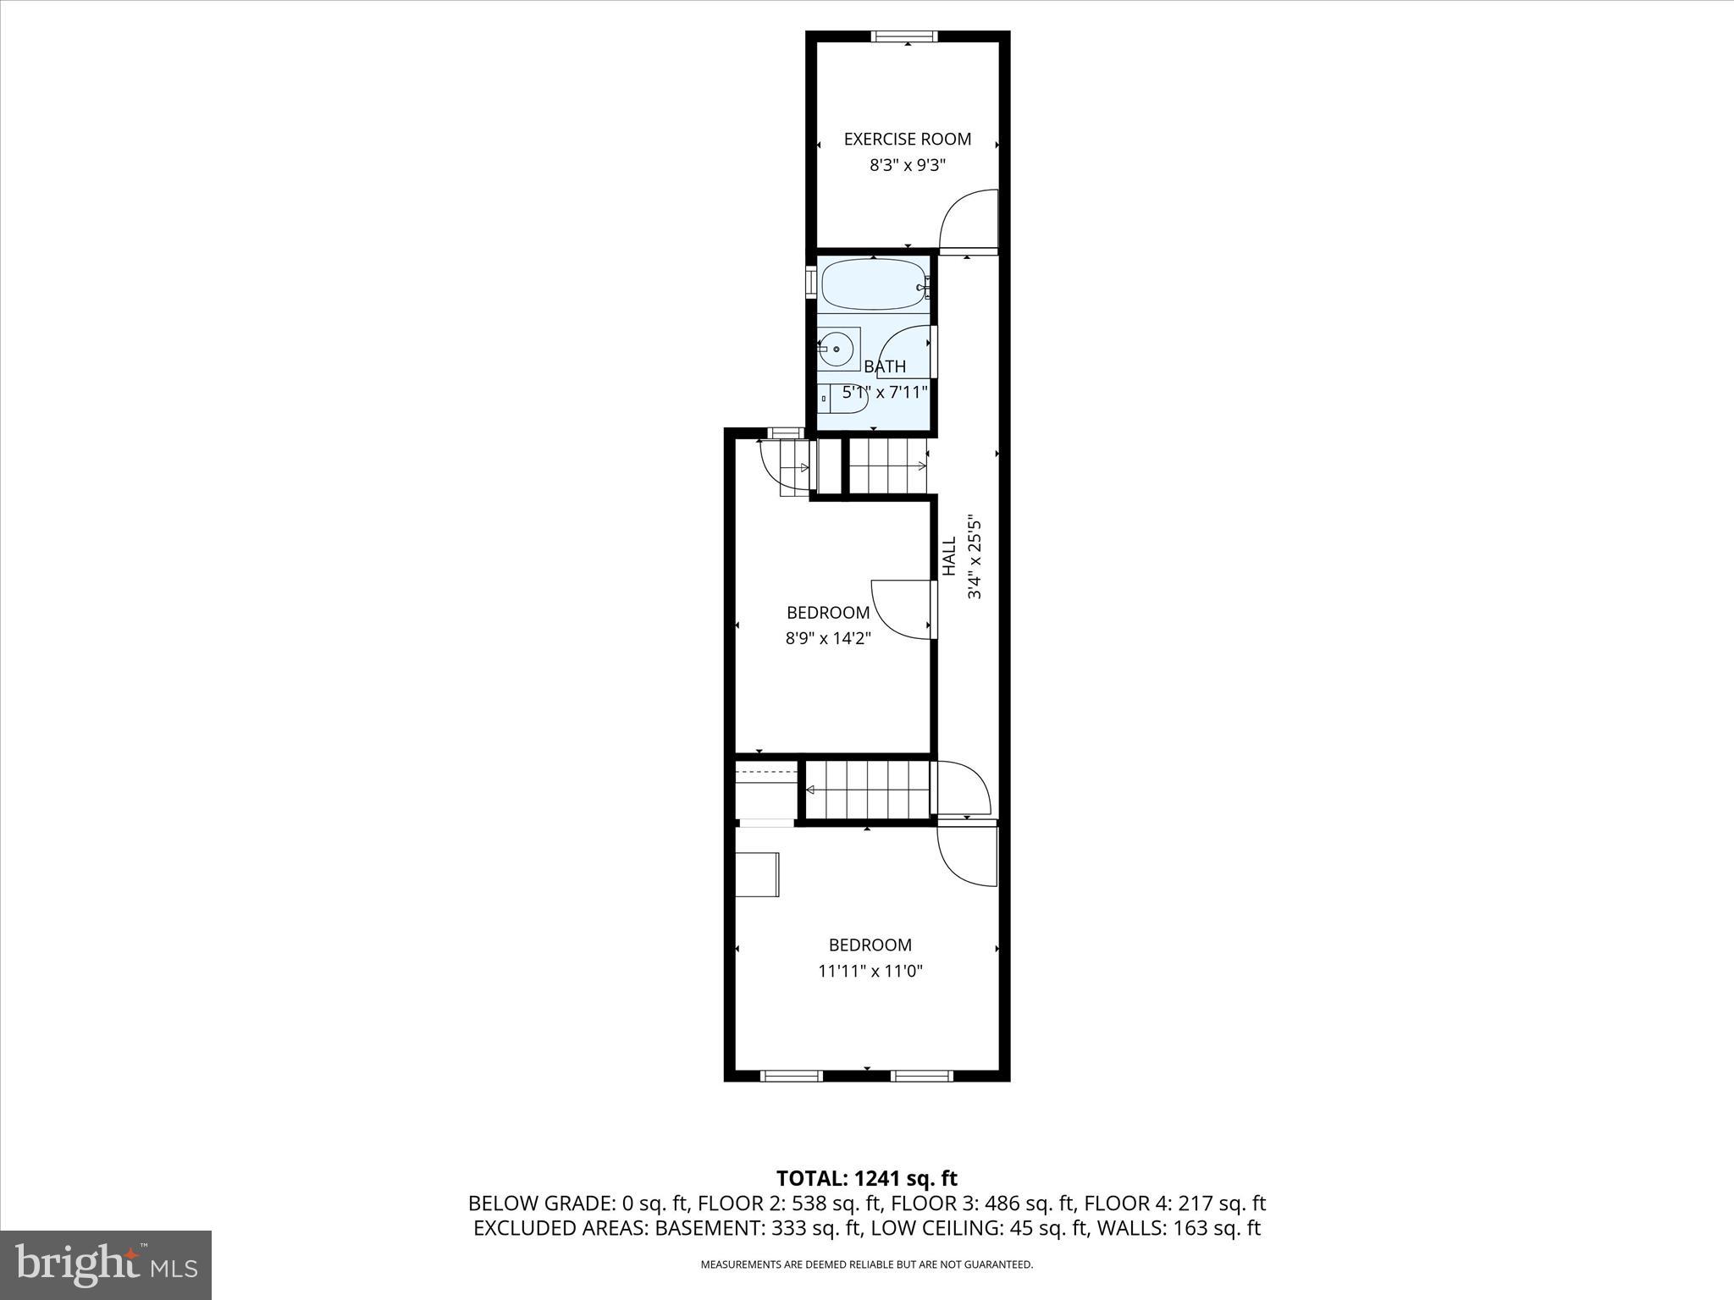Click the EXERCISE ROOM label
[907, 139]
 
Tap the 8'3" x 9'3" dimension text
[907, 165]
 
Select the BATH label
[885, 366]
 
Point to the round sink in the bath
[837, 349]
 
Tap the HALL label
[949, 556]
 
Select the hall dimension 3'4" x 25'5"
[975, 556]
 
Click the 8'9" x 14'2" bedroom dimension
[828, 638]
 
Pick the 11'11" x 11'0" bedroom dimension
[870, 971]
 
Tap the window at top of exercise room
[904, 36]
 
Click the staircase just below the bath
[887, 465]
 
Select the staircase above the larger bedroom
[866, 790]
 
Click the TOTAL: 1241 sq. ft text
[866, 1178]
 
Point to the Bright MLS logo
[106, 1265]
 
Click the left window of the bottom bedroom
[791, 1076]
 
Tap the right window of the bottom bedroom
[921, 1076]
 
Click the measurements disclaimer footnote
[866, 1264]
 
